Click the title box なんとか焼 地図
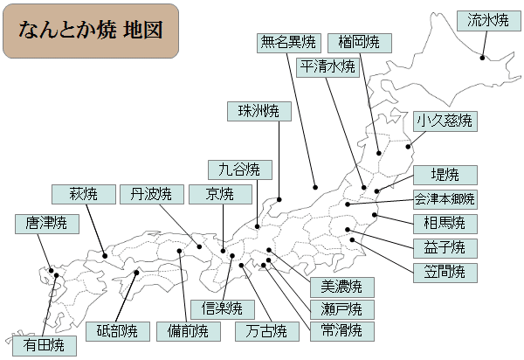pos(91,31)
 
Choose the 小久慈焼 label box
pos(445,121)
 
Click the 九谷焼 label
pos(239,169)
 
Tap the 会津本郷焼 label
pos(445,198)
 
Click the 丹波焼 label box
pos(151,193)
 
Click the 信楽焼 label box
pos(222,308)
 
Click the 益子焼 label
pos(445,247)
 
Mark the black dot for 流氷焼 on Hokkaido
pos(483,59)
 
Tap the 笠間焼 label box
pos(445,271)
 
